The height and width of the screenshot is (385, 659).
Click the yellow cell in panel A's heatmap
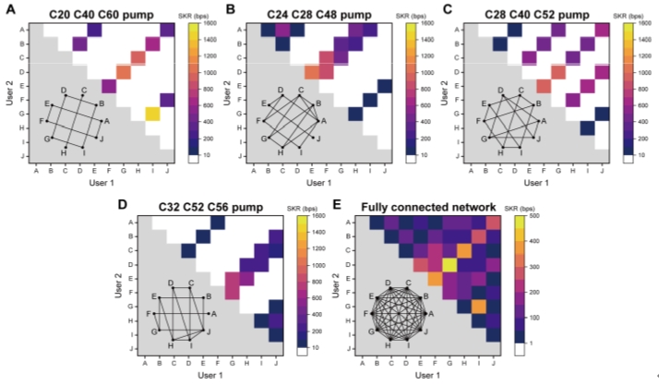click(151, 114)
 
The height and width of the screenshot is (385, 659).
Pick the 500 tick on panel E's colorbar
click(543, 224)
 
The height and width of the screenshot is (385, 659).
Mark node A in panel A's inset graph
click(107, 121)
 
